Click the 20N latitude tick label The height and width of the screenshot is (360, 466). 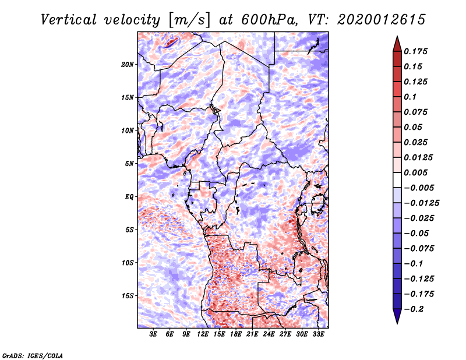128,64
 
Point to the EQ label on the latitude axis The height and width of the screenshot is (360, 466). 129,197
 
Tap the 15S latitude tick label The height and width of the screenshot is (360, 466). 128,296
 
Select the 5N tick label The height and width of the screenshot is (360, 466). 129,164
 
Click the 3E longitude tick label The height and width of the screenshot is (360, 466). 154,334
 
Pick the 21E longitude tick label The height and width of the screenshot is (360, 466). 253,334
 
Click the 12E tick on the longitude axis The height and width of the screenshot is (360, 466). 203,334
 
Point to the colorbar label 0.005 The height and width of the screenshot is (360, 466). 416,172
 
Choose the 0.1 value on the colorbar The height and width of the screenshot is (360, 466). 411,97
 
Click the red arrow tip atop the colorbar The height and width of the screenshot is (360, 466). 397,39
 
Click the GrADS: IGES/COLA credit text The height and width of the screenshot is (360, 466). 32,355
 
